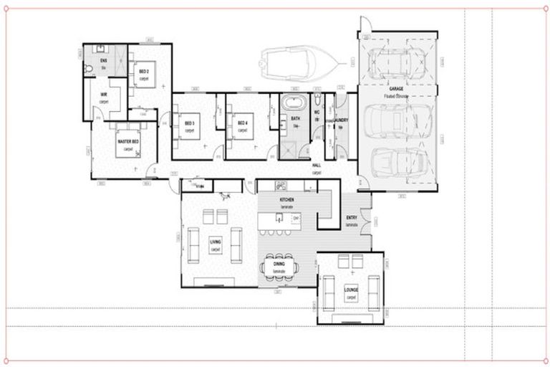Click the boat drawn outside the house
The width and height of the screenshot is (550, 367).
294,62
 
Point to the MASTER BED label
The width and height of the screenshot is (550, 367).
128,143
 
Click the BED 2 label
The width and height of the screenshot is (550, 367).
143,72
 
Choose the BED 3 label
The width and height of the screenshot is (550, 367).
190,123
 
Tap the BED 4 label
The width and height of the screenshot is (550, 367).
242,123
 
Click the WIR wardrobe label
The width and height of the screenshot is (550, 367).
104,95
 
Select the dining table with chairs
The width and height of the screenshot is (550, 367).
278,266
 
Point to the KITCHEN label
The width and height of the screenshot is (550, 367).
287,201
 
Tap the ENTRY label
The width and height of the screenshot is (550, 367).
352,219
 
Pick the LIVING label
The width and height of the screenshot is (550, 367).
216,243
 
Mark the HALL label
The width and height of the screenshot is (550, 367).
316,166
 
